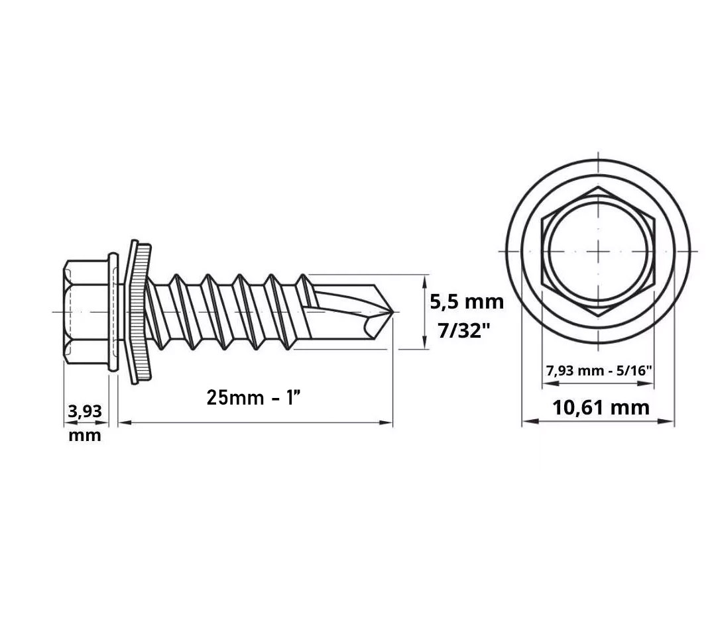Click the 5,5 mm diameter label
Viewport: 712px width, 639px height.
(467, 302)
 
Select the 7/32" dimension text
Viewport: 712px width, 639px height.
(465, 331)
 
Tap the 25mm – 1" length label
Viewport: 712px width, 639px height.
(254, 398)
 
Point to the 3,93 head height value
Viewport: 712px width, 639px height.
(85, 412)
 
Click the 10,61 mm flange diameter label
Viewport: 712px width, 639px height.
(601, 407)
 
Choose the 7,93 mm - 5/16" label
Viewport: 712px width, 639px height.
(599, 371)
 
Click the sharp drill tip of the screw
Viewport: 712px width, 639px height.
(392, 312)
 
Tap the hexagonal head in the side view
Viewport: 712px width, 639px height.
(86, 312)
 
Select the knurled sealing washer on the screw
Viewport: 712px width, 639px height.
(140, 312)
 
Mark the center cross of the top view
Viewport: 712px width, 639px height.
(599, 251)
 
